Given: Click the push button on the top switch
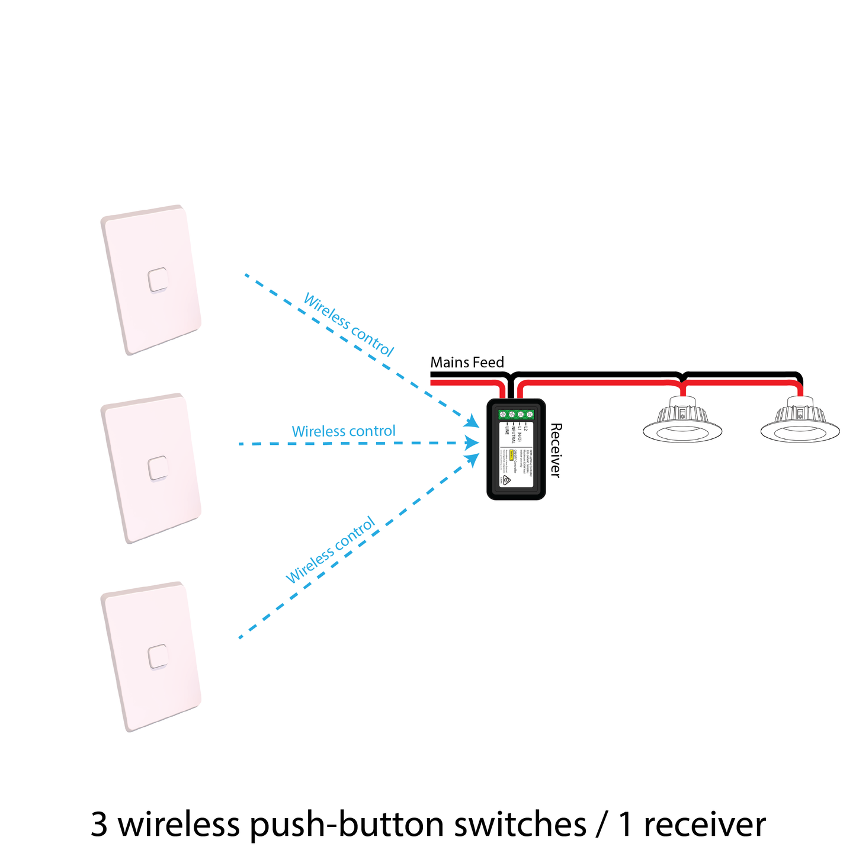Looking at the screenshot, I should (x=158, y=280).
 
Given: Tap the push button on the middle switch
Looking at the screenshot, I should (x=158, y=468).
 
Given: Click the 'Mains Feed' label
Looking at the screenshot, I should (x=467, y=363).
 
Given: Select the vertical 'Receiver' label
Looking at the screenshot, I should (x=555, y=450).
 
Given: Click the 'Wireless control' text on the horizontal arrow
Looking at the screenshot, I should (x=343, y=431).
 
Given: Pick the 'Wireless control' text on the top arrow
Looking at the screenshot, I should (x=348, y=325).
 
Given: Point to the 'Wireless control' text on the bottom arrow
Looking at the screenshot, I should (x=331, y=550).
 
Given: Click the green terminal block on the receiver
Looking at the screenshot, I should (x=516, y=415).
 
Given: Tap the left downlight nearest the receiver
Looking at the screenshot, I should (x=683, y=420).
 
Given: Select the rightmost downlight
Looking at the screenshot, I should (x=800, y=420).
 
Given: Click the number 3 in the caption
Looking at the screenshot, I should (x=100, y=824).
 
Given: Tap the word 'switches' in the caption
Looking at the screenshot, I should (x=520, y=824).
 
